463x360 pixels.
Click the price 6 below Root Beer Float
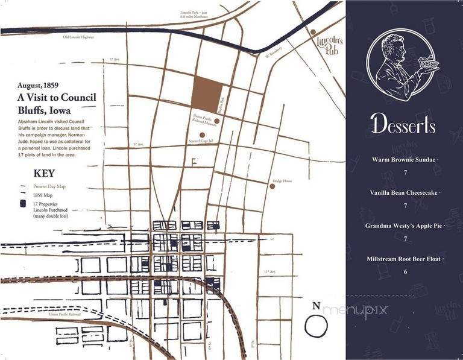[x=405, y=271]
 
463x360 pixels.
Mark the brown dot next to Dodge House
[x=272, y=186]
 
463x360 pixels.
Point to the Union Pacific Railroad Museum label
[x=201, y=118]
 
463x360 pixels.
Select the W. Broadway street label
[x=275, y=54]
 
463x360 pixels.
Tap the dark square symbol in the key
[x=22, y=205]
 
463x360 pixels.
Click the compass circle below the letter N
[x=315, y=326]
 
